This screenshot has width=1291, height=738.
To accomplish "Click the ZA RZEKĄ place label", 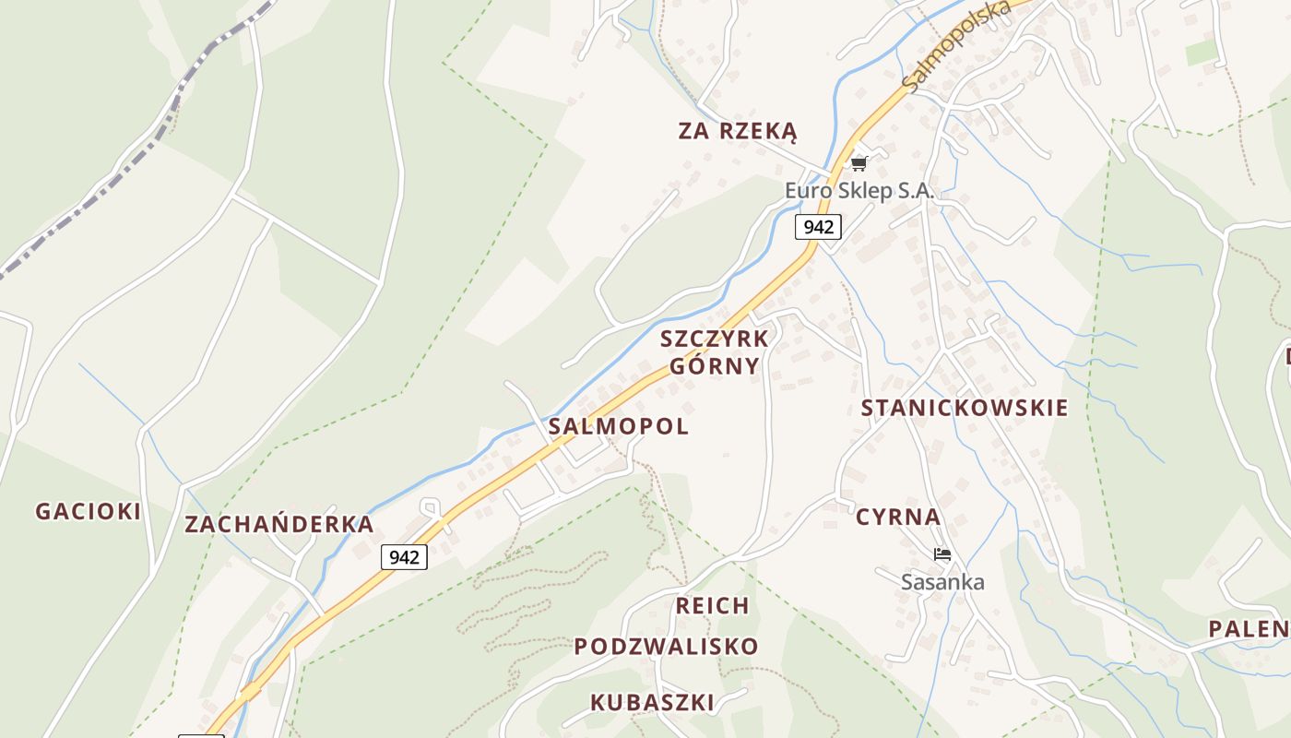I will coord(738,131).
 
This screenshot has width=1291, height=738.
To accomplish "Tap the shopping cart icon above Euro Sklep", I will coord(859,163).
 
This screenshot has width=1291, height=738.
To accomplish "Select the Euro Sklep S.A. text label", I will coord(859,191).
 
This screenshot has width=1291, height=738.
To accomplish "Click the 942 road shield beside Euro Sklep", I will coord(818,227).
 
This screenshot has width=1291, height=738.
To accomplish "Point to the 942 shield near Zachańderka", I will coord(404,557).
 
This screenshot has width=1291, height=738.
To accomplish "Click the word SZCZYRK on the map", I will coord(715,339).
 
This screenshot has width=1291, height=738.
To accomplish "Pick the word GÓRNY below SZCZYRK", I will coord(715,366).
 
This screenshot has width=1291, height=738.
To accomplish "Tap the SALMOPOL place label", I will coord(618,426).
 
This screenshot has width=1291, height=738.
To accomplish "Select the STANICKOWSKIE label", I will coord(965,408).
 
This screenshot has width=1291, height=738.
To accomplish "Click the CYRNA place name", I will coord(898,517).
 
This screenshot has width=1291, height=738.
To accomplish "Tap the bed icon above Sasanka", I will coord(942,554).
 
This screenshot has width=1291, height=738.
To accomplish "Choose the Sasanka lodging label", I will coord(942,582).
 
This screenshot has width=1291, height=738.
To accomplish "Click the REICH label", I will coord(712,606).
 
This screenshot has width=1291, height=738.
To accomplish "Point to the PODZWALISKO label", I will coord(666,647).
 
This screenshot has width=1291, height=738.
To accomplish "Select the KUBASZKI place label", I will coord(652,702).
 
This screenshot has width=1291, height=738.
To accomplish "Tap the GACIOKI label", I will coord(89,511).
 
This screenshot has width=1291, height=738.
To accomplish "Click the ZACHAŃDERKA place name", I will coord(279,525).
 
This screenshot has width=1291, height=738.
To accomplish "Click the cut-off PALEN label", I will coord(1250,629).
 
